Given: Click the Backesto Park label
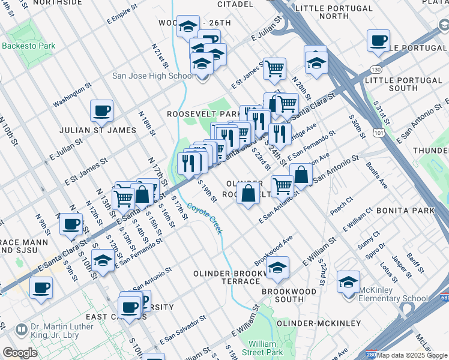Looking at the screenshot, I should click(x=28, y=46).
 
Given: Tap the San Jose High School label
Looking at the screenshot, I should click(x=153, y=76).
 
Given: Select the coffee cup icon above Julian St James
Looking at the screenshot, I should click(x=101, y=111).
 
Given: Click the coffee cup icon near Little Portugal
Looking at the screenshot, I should click(x=378, y=41).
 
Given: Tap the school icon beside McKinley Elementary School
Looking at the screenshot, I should click(x=348, y=282).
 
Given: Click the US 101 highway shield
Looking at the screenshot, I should click(x=379, y=130).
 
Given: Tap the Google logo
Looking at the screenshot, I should click(x=20, y=353).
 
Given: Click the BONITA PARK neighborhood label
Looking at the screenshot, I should click(x=405, y=211).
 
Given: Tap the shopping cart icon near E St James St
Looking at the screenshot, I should click(x=274, y=68).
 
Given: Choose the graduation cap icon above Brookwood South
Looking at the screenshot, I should click(x=277, y=268).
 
